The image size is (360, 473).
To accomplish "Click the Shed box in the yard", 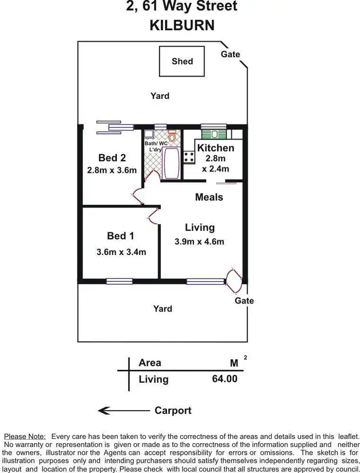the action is click(x=182, y=61).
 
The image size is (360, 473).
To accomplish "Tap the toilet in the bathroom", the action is click(x=172, y=136).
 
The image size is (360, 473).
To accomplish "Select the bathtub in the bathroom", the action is click(x=171, y=163).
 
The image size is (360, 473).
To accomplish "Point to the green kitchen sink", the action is click(x=214, y=134).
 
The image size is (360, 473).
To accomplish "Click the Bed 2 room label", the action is click(x=112, y=158).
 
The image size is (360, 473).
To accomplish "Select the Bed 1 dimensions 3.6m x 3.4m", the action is click(x=121, y=252).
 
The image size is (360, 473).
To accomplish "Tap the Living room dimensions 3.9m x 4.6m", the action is click(x=199, y=242).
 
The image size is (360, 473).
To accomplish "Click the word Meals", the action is click(x=209, y=197).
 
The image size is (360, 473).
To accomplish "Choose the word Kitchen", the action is click(x=216, y=148).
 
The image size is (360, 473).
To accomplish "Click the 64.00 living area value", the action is click(x=225, y=378).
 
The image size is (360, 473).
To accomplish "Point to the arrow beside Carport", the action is click(x=124, y=411).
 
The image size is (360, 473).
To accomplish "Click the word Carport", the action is click(x=173, y=411).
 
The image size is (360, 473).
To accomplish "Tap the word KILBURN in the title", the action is click(x=182, y=25).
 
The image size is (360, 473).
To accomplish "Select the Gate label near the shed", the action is click(x=230, y=54).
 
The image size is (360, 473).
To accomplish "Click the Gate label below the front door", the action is click(x=244, y=301).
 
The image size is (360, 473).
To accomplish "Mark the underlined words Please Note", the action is click(x=25, y=437).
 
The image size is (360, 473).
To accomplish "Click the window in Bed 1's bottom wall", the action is click(x=120, y=281).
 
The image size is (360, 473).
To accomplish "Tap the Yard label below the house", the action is click(x=163, y=309).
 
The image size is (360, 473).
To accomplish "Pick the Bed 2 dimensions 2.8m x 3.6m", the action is click(x=112, y=170).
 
